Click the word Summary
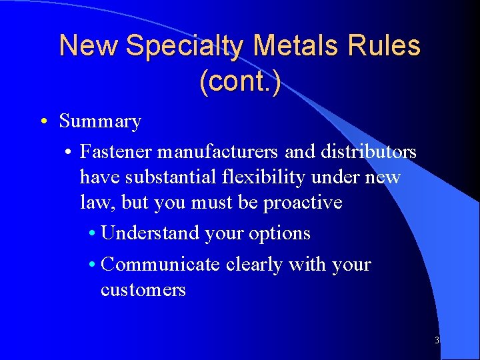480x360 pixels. coord(100,121)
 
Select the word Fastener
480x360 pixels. coord(116,152)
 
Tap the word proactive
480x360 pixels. coord(303,203)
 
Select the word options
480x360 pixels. coord(281,233)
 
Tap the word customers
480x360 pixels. coord(143,289)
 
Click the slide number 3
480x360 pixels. coord(437,341)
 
